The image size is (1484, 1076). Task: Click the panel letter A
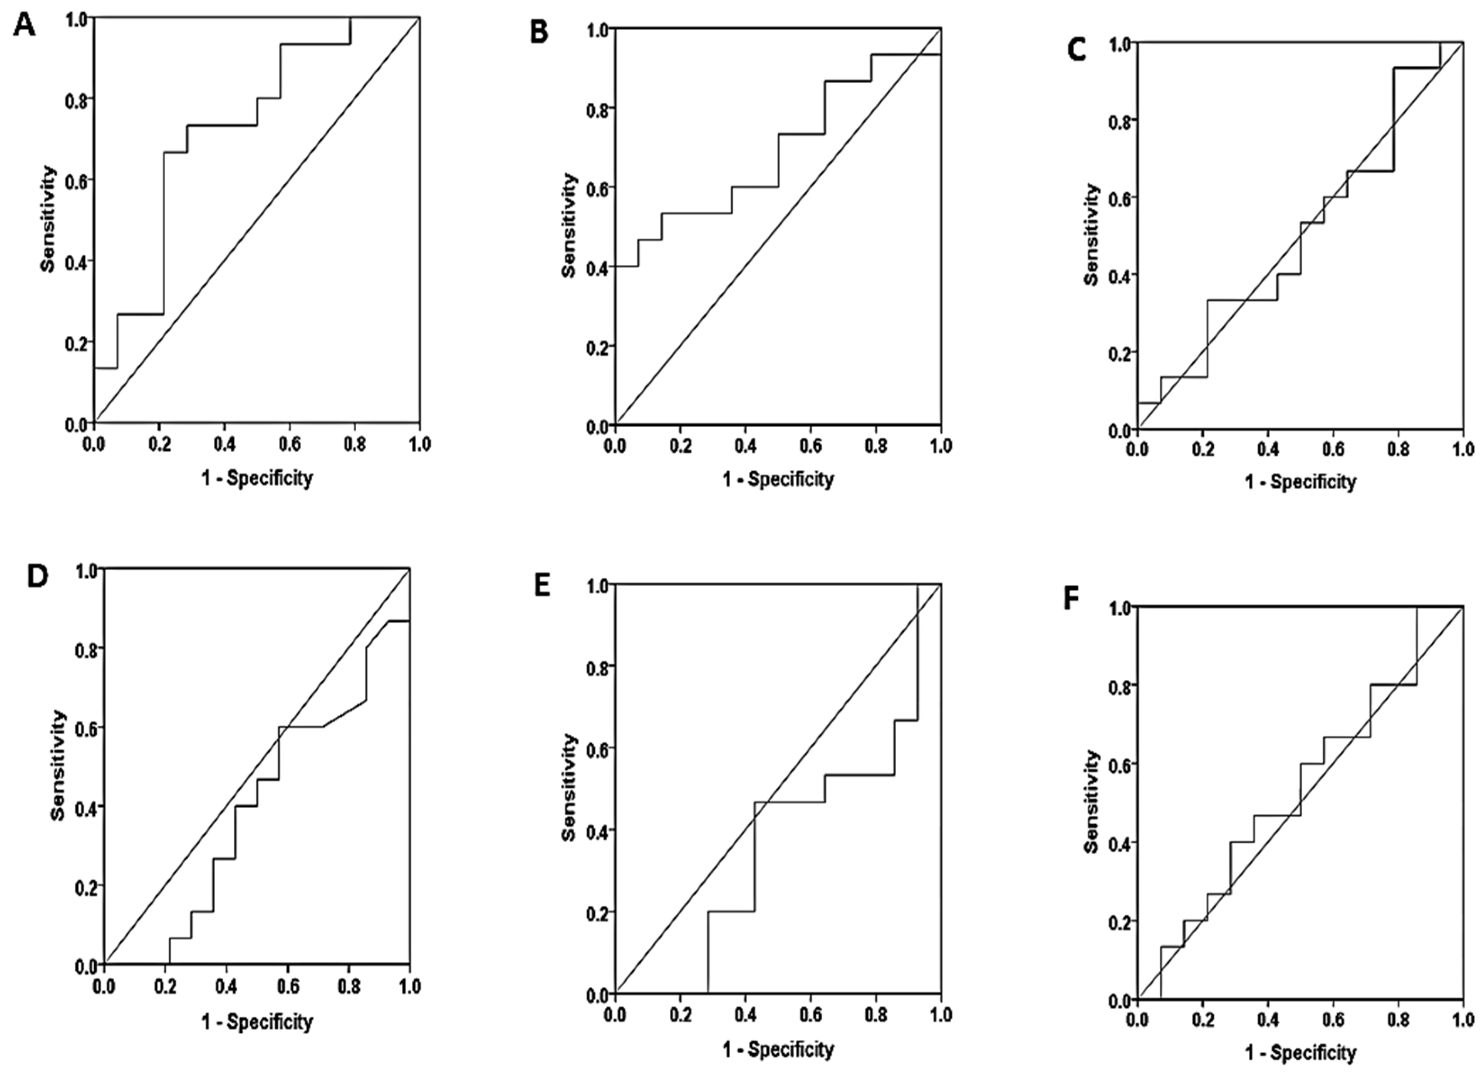click(x=25, y=27)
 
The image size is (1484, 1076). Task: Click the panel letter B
click(x=539, y=32)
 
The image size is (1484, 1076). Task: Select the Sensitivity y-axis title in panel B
click(x=569, y=226)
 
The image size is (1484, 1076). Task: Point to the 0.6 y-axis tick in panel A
click(x=77, y=180)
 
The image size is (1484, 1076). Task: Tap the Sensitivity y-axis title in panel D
click(x=58, y=765)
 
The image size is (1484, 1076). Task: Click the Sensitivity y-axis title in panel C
click(x=1091, y=234)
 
